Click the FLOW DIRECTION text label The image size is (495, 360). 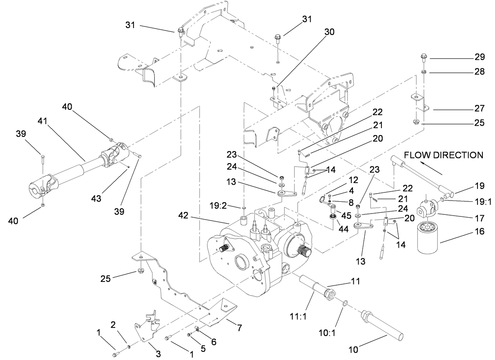pos(443,155)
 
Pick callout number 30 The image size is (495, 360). pos(329,32)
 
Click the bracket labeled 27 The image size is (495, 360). pos(421,104)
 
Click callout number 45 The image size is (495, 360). pos(346,214)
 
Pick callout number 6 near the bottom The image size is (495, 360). pos(214,342)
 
